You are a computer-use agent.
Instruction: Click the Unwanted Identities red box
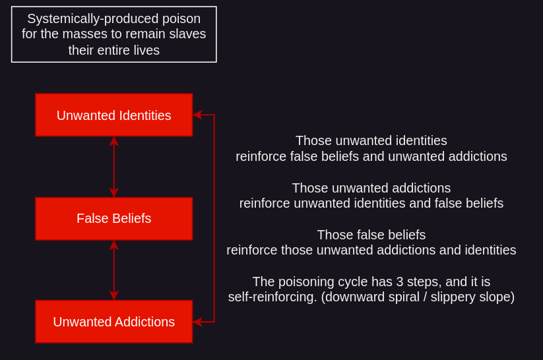coord(113,115)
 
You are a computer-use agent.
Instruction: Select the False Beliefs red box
coord(113,218)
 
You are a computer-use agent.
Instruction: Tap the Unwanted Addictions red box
coord(113,322)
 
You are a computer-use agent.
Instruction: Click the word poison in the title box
coord(181,18)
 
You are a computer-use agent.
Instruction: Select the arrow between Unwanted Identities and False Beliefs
coord(114,167)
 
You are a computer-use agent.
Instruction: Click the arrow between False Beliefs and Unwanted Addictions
coord(114,270)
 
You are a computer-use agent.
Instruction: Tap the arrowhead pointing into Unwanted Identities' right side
coord(197,115)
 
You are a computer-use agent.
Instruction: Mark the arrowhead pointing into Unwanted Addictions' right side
coord(197,322)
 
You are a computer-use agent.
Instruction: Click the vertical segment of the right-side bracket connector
coord(214,218)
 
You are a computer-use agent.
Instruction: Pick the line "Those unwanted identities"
coord(371,140)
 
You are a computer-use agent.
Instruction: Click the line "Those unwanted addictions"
coord(371,188)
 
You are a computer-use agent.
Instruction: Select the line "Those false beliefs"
coord(371,235)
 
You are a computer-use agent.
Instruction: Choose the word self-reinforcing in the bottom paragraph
coord(272,297)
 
